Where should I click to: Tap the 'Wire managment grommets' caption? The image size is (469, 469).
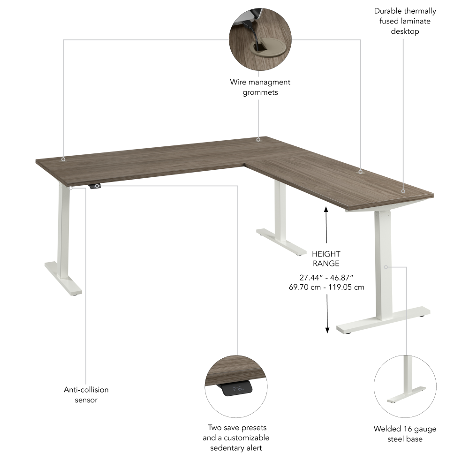(x=260, y=87)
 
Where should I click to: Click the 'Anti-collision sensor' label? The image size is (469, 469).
(x=86, y=394)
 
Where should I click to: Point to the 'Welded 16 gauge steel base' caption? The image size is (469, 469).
(x=405, y=434)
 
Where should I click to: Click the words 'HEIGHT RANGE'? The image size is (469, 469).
(x=326, y=258)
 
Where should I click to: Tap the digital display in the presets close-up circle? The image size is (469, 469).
(x=238, y=389)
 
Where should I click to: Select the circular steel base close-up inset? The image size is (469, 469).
(x=405, y=386)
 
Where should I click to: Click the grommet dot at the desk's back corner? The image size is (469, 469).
(x=258, y=139)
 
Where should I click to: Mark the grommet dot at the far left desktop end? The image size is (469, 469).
(x=63, y=159)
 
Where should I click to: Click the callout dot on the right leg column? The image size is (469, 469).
(x=386, y=267)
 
